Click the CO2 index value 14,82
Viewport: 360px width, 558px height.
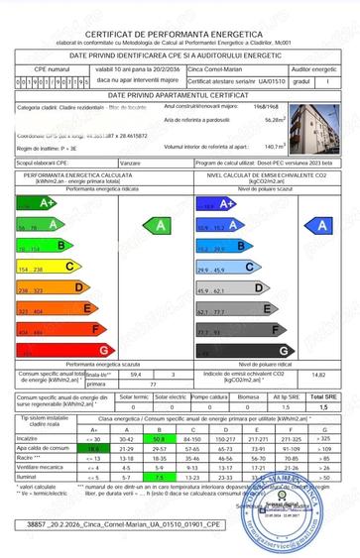pyautogui.click(x=317, y=376)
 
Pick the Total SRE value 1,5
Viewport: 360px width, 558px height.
pyautogui.click(x=322, y=406)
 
